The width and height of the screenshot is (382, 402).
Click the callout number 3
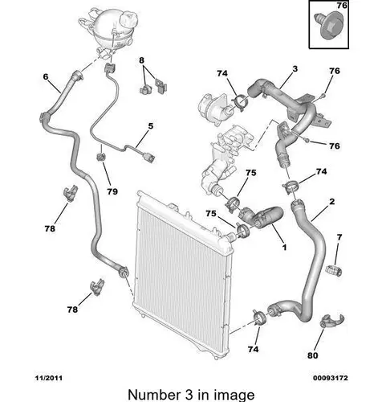[x=295, y=69]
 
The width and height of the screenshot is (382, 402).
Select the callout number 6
[x=46, y=77]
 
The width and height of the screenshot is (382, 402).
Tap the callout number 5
[x=151, y=125]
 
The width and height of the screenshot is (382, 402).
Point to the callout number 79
[x=112, y=191]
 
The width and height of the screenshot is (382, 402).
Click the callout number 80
[x=312, y=355]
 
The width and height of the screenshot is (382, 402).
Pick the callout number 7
[x=339, y=237]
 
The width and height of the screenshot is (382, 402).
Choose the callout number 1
[x=284, y=247]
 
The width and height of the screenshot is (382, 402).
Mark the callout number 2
[x=331, y=201]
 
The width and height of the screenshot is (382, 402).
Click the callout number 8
[x=141, y=60]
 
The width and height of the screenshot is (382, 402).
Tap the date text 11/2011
[x=49, y=378]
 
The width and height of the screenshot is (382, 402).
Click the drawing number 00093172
[x=331, y=378]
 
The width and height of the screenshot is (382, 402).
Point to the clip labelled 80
[x=331, y=320]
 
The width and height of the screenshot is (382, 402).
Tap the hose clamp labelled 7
[x=334, y=270]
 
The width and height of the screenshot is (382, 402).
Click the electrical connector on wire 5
[x=148, y=158]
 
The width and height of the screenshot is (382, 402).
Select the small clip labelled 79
[x=101, y=157]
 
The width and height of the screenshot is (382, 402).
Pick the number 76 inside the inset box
[x=342, y=6]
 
